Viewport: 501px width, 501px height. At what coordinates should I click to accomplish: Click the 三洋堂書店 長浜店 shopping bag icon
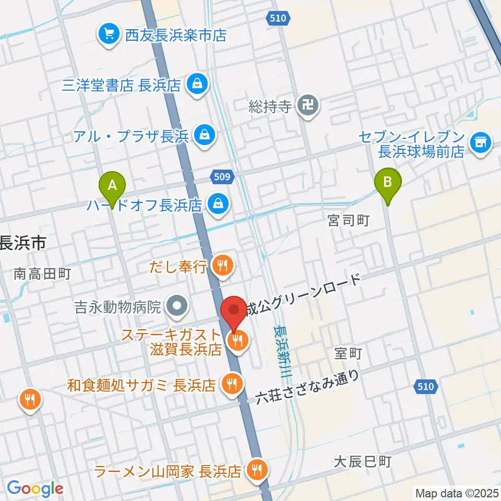[197, 84]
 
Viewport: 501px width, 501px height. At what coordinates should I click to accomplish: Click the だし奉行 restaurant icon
[223, 267]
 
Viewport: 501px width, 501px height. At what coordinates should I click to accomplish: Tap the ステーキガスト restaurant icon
[238, 342]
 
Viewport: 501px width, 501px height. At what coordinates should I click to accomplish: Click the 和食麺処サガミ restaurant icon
[231, 385]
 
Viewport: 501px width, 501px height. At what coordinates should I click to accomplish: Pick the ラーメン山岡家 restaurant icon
[256, 470]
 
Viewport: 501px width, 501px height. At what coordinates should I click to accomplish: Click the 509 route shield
[222, 176]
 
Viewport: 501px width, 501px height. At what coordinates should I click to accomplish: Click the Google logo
[35, 488]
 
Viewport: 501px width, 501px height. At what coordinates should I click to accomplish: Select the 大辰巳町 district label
[362, 461]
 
